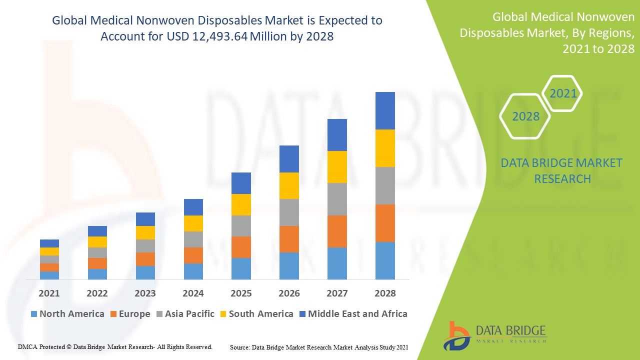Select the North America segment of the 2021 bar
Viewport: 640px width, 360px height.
(x=49, y=275)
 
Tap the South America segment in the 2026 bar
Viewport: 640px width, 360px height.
(x=289, y=185)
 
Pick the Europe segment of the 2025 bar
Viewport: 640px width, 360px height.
(x=241, y=247)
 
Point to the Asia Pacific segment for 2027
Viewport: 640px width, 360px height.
(x=337, y=199)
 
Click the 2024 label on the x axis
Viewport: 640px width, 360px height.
(x=193, y=293)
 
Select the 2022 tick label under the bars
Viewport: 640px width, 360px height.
(x=97, y=293)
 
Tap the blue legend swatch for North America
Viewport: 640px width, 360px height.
(x=34, y=314)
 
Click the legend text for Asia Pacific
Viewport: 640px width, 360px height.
(x=189, y=314)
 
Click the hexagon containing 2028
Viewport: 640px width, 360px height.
(x=525, y=116)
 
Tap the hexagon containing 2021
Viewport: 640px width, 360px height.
(x=563, y=93)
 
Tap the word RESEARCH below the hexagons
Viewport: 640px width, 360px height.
(x=562, y=178)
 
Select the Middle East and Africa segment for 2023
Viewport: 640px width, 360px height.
(x=145, y=219)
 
